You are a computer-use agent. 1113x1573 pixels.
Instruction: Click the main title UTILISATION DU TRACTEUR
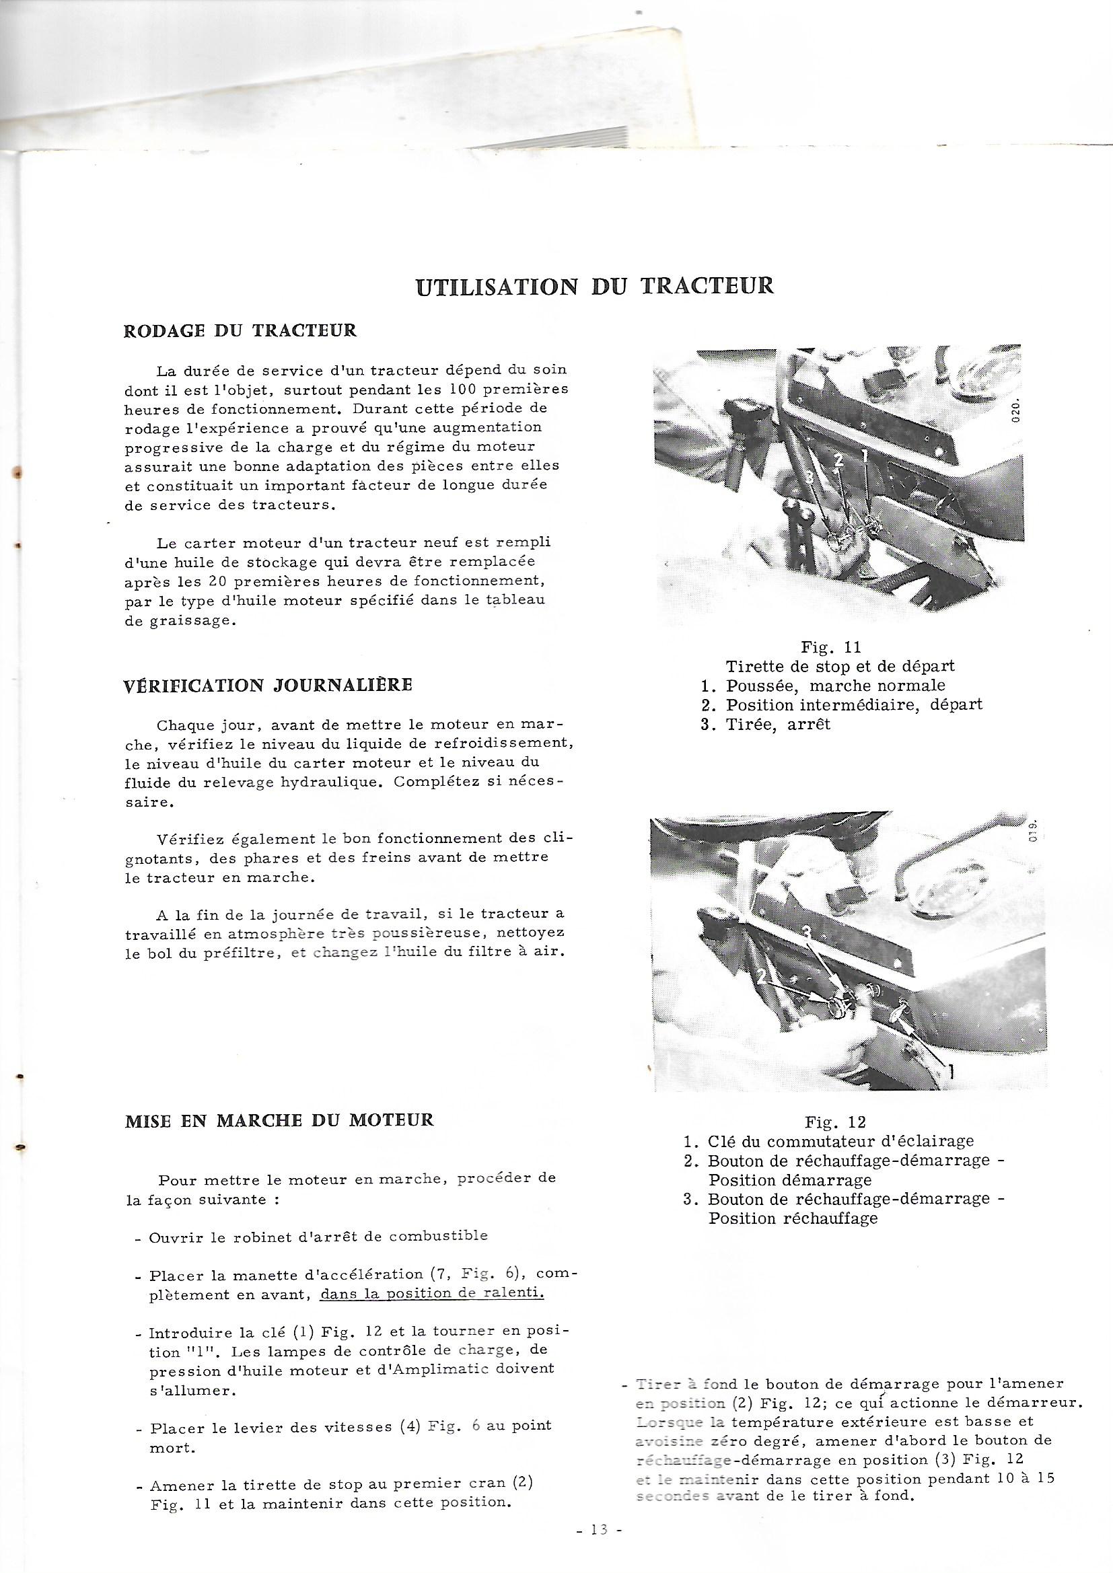pos(595,287)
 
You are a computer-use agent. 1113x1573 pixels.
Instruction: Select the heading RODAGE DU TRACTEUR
pos(240,331)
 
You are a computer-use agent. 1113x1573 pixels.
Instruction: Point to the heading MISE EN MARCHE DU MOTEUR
pos(280,1120)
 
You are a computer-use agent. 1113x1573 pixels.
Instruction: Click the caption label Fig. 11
pos(830,647)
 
